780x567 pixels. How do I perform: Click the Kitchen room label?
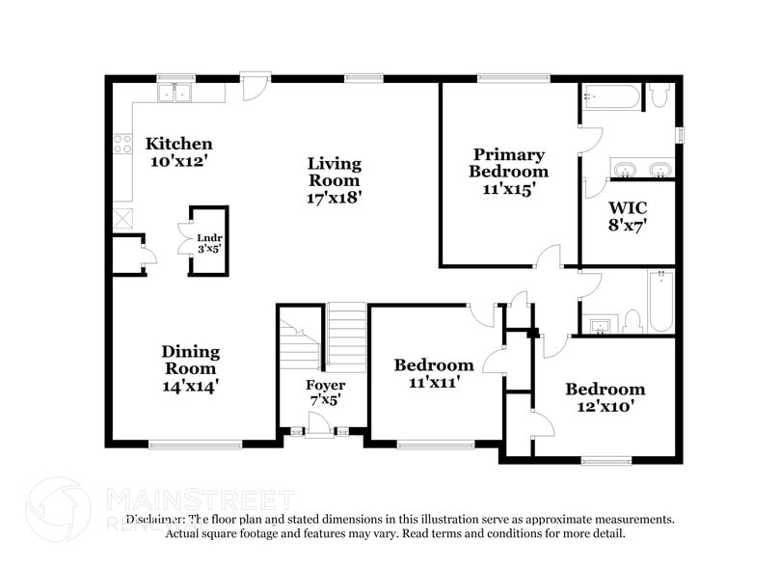click(x=178, y=145)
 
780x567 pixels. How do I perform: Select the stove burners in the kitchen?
click(x=122, y=145)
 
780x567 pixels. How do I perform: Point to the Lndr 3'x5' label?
click(x=209, y=242)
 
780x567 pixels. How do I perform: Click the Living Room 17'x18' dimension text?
click(x=335, y=197)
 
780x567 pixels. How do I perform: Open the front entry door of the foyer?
click(x=316, y=424)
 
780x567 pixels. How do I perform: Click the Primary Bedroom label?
click(x=508, y=163)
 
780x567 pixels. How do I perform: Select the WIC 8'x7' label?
click(x=627, y=216)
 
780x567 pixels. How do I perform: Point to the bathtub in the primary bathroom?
click(x=611, y=97)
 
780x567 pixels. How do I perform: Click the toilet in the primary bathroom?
click(x=659, y=94)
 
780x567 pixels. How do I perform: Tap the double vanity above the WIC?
click(x=641, y=171)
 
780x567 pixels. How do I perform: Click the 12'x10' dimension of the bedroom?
click(x=605, y=406)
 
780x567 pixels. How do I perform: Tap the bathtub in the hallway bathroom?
click(x=660, y=301)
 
